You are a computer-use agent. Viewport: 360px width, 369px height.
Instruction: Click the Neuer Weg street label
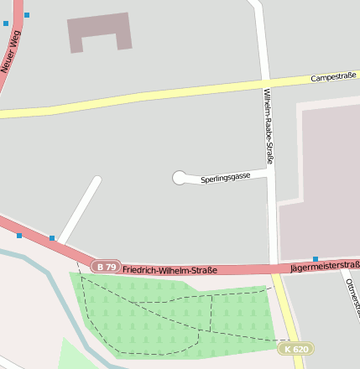12,51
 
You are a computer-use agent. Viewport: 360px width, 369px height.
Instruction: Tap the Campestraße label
333,77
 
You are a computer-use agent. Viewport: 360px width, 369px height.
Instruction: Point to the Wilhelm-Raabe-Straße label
269,125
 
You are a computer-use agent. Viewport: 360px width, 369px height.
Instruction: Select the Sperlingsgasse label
226,179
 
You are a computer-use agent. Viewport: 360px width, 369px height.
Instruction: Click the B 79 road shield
105,267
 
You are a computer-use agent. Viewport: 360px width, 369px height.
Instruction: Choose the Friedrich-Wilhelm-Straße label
170,270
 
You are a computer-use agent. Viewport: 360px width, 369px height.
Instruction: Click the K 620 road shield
296,349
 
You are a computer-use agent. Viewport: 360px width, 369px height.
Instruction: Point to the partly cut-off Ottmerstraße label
351,298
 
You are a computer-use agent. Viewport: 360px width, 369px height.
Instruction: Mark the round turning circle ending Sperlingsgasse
180,178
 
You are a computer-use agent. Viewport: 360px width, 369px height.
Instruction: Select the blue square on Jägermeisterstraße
316,259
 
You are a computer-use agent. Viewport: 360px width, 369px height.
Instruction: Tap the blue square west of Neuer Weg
6,23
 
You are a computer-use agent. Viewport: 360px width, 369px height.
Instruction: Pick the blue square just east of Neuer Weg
27,15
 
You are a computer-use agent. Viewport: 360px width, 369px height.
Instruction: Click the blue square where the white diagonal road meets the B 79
52,239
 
